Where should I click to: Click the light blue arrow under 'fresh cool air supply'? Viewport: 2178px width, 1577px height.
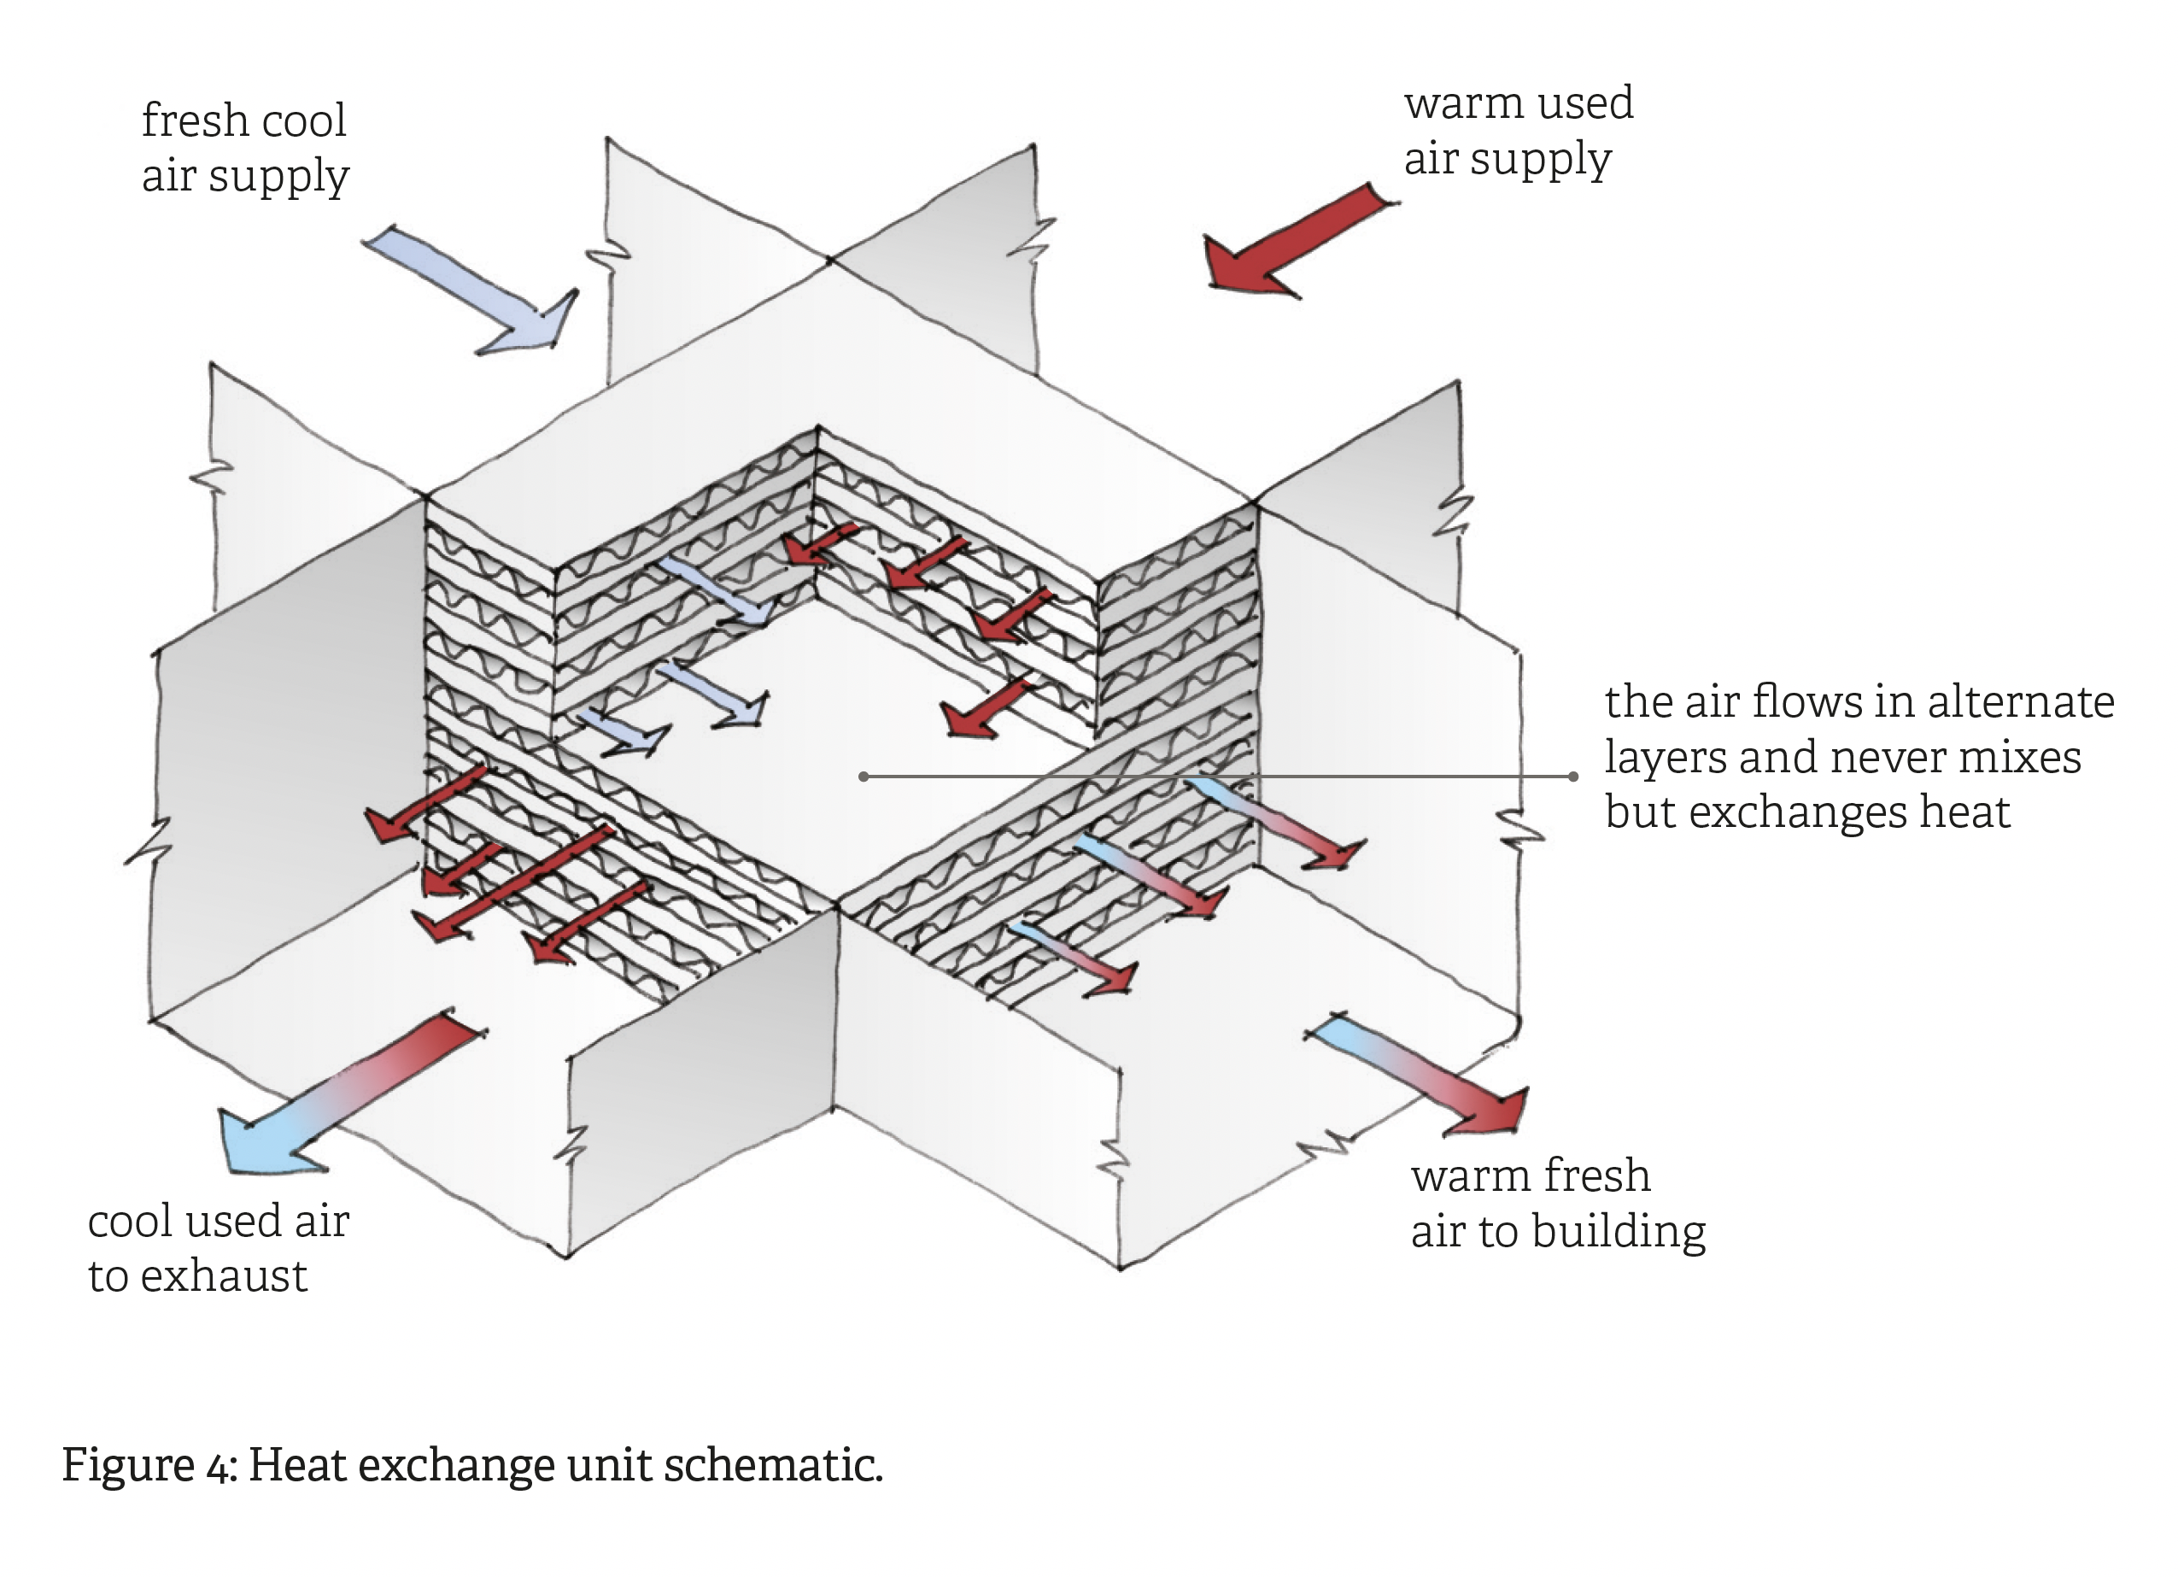pos(471,288)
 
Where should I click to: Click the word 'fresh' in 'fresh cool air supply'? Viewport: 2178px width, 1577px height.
pos(195,121)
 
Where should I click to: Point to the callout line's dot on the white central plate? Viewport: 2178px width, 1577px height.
pos(864,776)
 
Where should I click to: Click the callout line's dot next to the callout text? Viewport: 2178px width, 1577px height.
pos(1573,776)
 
